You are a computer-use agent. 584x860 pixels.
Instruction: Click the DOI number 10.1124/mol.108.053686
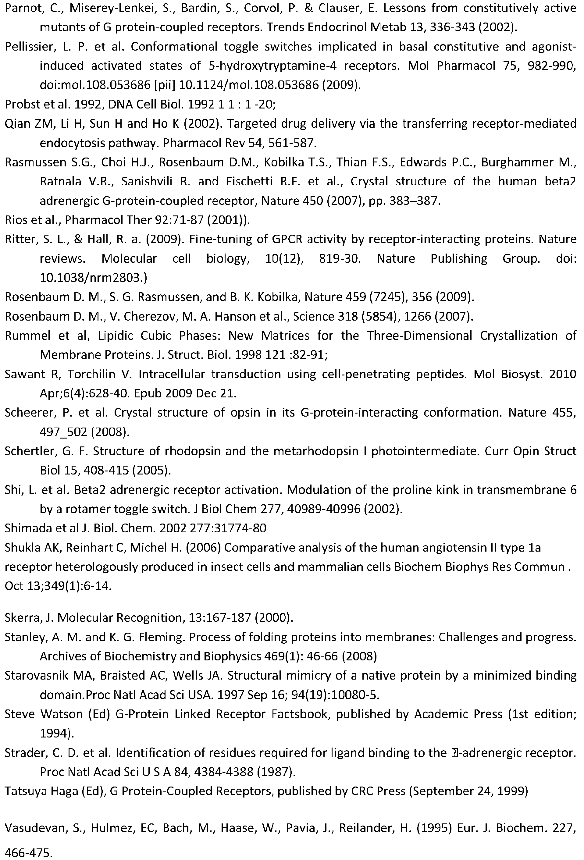click(x=249, y=85)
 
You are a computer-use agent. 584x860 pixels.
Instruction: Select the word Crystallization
click(x=519, y=336)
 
